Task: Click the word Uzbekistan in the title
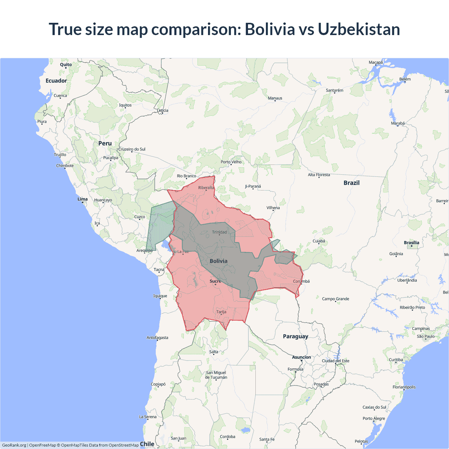[359, 29]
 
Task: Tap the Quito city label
[66, 65]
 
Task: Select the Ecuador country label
[56, 81]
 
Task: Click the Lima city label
[82, 199]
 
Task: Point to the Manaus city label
[275, 98]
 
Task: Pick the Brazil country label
[351, 183]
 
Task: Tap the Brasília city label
[411, 243]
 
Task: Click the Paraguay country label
[295, 336]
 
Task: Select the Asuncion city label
[301, 357]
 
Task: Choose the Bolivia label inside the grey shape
[219, 261]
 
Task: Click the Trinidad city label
[219, 232]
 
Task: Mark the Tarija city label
[221, 312]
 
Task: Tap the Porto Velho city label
[231, 162]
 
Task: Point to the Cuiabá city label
[319, 241]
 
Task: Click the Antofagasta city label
[157, 337]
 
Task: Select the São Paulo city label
[425, 336]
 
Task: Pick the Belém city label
[405, 79]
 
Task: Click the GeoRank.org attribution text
[14, 445]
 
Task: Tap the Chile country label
[147, 444]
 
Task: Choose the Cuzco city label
[140, 217]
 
